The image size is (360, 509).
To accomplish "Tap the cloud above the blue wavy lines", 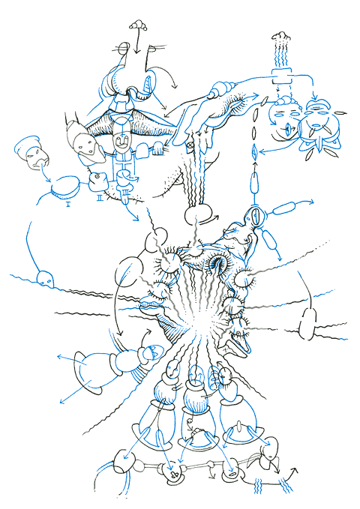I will coord(280,34).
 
